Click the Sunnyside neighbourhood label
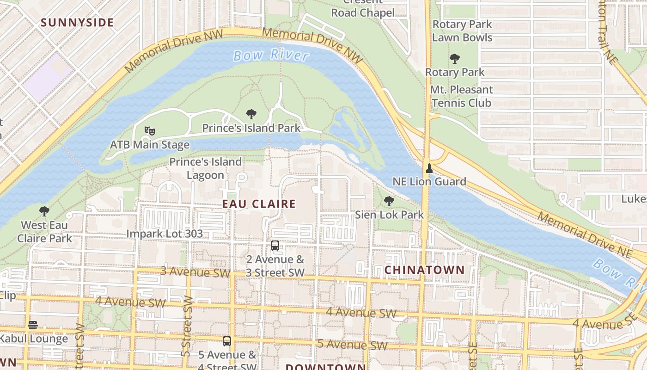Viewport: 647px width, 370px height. [77, 22]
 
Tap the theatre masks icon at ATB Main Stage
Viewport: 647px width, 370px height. [149, 131]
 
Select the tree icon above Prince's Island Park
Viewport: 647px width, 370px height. [251, 114]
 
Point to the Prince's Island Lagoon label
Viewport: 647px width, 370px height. [205, 168]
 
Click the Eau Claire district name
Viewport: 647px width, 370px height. [259, 204]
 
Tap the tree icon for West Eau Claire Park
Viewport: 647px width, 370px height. [44, 212]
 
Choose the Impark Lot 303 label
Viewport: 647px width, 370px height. [165, 234]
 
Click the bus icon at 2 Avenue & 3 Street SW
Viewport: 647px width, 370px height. [275, 246]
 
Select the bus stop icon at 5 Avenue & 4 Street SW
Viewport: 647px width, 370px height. [227, 341]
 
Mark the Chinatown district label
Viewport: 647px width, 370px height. [424, 270]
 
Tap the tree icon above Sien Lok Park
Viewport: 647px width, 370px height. [389, 201]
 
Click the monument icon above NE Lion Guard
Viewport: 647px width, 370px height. [429, 168]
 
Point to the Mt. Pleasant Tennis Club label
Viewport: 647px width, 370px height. [461, 96]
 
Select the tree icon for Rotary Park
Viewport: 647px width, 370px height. [455, 59]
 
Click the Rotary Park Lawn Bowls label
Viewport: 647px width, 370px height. [462, 31]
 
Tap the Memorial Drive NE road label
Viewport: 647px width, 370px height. [584, 234]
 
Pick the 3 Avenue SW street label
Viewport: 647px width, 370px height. [195, 271]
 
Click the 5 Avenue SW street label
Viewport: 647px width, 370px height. [352, 345]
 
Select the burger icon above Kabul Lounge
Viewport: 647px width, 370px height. [32, 325]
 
